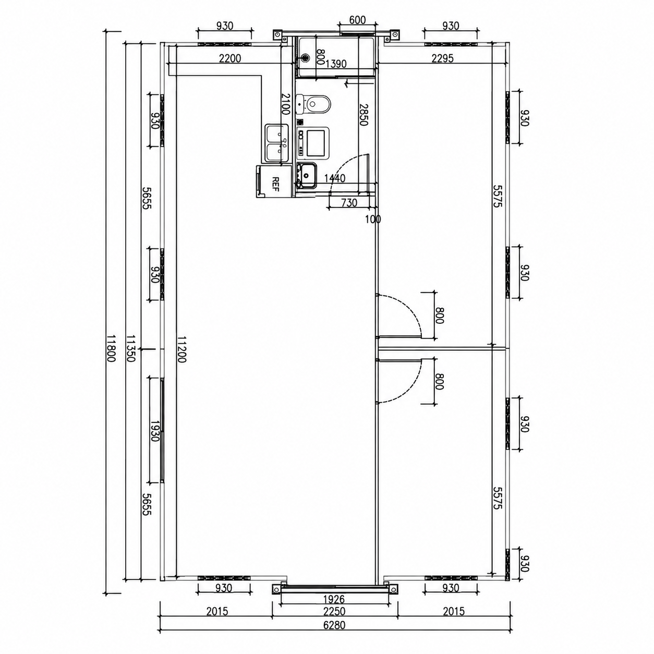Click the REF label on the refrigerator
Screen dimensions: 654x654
[275, 184]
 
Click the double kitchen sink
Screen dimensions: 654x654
[277, 143]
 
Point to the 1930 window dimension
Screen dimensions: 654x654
[155, 431]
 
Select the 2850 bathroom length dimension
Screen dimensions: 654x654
[364, 115]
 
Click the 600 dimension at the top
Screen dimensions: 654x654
[357, 20]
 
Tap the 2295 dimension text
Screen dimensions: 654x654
[442, 58]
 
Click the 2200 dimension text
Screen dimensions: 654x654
[230, 58]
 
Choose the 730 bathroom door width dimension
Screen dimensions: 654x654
[349, 203]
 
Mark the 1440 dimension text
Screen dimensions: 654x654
[335, 178]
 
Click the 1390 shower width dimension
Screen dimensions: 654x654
[336, 64]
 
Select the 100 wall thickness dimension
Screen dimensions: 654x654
[373, 219]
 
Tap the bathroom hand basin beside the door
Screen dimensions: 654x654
[307, 175]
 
